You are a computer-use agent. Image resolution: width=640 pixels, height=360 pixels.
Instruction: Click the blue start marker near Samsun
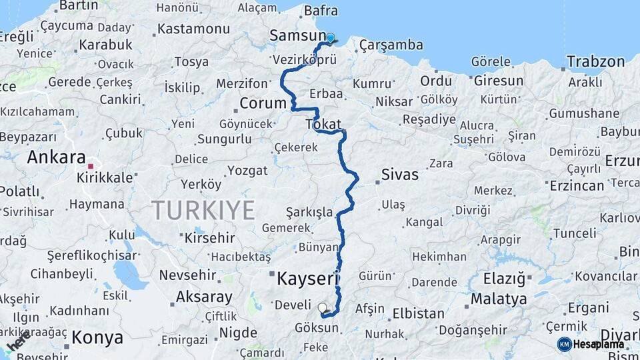pos(330,38)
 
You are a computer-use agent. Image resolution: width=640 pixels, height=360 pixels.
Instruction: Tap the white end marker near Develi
pos(323,308)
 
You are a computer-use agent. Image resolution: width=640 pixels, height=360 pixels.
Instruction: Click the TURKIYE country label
pos(203,210)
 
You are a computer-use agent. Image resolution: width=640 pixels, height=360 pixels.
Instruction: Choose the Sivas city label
pos(400,175)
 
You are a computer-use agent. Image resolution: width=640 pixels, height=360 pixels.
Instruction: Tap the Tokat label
pos(323,124)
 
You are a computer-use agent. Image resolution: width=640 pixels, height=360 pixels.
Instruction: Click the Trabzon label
pos(596,62)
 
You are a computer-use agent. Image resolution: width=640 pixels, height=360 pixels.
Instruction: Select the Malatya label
pos(499,299)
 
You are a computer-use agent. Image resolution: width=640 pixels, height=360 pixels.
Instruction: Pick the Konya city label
pos(97,337)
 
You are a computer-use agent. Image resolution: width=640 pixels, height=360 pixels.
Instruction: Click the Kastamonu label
pos(193,29)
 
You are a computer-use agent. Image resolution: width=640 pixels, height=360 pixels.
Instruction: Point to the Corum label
pos(263,103)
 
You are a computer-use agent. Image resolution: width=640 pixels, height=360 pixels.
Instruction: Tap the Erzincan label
pos(577,185)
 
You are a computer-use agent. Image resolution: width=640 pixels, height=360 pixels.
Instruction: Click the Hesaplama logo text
pos(599,344)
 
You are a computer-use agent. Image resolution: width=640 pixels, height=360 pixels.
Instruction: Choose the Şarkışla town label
pos(309,212)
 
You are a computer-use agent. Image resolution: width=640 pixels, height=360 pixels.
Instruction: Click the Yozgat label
pos(247,171)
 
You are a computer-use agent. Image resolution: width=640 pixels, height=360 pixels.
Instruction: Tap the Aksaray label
pos(204,297)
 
